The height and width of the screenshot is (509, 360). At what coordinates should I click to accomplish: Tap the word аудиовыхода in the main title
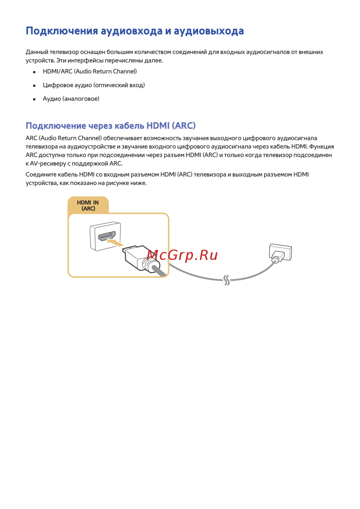[x=209, y=31]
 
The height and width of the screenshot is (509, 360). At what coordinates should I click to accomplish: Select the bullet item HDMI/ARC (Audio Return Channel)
[x=90, y=71]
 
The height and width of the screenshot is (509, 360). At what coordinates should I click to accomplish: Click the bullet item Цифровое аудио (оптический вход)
[x=94, y=85]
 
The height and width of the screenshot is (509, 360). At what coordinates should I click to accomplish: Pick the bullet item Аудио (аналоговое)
[x=71, y=99]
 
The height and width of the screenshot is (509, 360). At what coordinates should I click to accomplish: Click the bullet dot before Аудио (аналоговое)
[x=34, y=99]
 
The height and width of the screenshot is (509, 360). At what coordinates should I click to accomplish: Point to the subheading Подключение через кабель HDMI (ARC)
[x=111, y=126]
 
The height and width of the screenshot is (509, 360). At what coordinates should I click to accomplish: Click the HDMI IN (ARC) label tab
[x=88, y=206]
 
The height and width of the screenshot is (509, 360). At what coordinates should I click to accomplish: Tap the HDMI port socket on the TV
[x=107, y=236]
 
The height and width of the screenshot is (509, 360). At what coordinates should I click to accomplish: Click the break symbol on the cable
[x=226, y=280]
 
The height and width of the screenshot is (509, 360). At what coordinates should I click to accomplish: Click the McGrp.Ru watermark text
[x=182, y=255]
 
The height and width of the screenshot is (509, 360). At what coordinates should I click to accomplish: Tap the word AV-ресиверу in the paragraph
[x=48, y=163]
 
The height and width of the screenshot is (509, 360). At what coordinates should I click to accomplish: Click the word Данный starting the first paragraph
[x=37, y=52]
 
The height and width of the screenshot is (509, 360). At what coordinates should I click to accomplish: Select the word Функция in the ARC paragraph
[x=321, y=147]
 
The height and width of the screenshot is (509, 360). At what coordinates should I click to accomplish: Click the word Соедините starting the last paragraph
[x=41, y=175]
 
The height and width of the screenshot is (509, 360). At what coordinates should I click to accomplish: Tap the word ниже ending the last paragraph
[x=138, y=183]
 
